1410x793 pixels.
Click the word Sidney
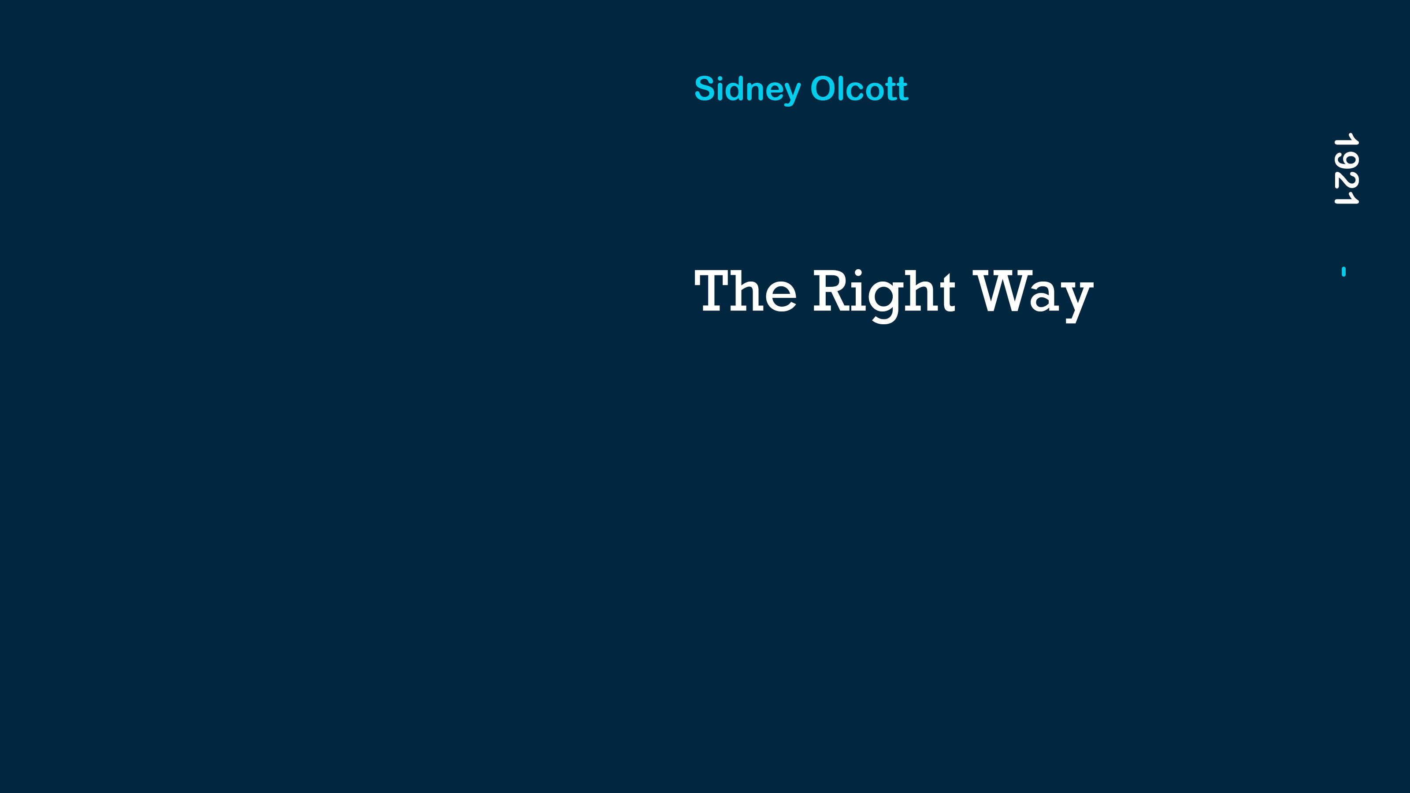748,90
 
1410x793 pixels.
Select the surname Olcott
859,89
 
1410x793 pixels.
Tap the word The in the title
746,291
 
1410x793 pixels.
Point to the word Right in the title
884,296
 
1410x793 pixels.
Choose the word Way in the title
1033,296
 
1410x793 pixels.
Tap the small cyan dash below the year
1344,271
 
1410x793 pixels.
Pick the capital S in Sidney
705,89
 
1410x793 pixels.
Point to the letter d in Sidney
735,89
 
